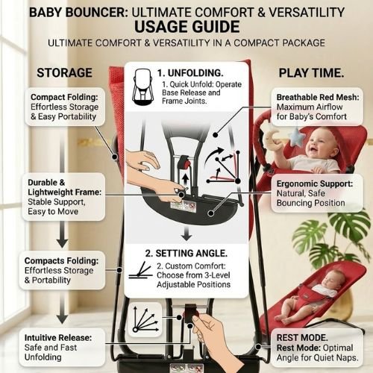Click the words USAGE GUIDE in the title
pyautogui.click(x=186, y=27)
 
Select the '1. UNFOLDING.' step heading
pyautogui.click(x=193, y=73)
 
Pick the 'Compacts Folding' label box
pyautogui.click(x=62, y=270)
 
